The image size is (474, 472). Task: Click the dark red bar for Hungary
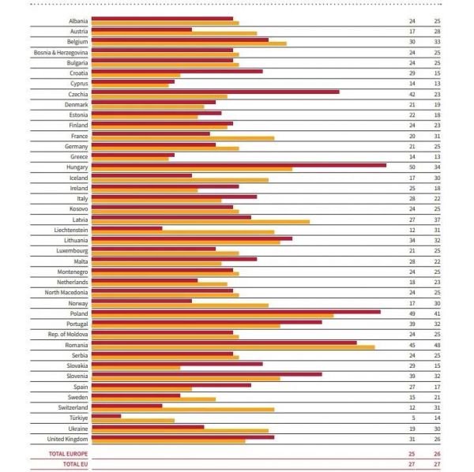237,165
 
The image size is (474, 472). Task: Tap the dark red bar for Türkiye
106,415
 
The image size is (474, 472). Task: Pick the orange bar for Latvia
201,222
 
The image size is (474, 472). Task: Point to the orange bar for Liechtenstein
182,232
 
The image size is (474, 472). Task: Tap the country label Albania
77,21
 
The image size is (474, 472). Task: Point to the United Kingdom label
67,438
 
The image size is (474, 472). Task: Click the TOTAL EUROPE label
67,455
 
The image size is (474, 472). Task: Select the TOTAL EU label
73,465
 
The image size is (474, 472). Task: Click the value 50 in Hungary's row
412,167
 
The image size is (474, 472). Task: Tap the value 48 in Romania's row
436,344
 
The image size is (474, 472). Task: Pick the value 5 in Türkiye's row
412,417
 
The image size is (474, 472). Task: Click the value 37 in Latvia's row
436,219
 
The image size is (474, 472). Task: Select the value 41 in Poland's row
436,313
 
